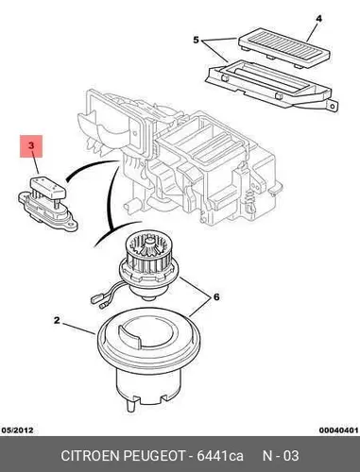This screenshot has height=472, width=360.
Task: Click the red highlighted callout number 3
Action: click(31, 145)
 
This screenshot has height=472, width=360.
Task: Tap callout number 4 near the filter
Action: click(318, 19)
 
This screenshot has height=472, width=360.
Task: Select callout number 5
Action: click(197, 41)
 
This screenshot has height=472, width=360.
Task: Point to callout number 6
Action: click(216, 296)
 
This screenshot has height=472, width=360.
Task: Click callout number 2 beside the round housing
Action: click(57, 320)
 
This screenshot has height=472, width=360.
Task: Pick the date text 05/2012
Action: click(18, 430)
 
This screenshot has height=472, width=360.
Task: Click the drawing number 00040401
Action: click(338, 430)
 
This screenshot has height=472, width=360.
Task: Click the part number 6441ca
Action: click(220, 456)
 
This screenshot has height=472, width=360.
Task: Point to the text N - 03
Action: click(281, 456)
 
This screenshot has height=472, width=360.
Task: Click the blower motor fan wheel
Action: click(146, 253)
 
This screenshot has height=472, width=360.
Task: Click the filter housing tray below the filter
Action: click(271, 84)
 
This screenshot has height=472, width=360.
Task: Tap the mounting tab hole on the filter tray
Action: click(333, 106)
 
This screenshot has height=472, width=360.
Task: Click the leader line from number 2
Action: click(78, 328)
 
